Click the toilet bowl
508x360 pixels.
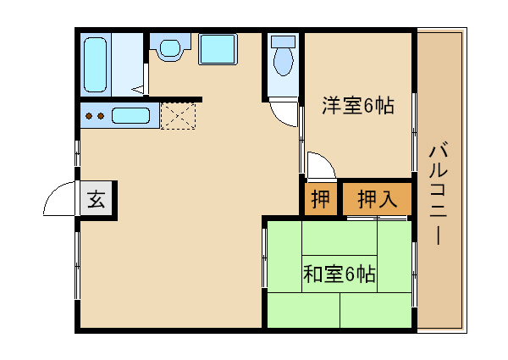click(x=283, y=61)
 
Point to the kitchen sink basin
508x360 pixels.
click(x=130, y=115)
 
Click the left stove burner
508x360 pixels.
click(x=88, y=115)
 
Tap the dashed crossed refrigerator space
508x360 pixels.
click(x=179, y=115)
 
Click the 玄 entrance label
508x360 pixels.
click(x=97, y=201)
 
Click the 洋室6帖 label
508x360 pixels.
click(x=357, y=106)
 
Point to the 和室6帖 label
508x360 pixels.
click(x=339, y=274)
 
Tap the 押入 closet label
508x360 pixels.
click(x=377, y=200)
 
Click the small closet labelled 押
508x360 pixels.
click(x=320, y=200)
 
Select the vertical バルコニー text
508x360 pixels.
click(x=439, y=193)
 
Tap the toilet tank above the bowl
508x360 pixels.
click(x=283, y=40)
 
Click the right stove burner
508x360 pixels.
click(x=100, y=115)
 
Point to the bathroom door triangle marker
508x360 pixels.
click(x=145, y=84)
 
